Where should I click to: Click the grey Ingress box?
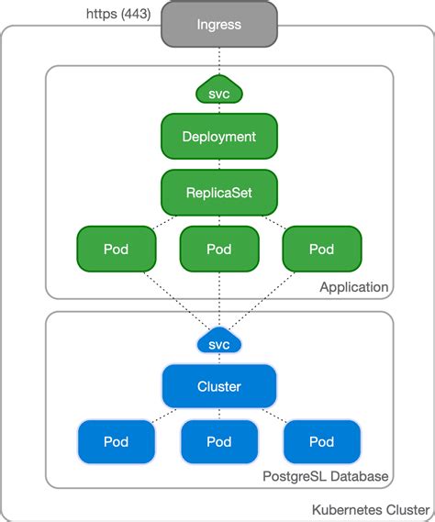218,25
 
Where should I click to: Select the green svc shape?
218,92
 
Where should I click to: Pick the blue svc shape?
218,343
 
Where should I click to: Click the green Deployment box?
218,137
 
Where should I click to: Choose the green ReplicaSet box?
218,193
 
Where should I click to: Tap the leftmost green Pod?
116,249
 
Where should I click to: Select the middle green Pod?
218,249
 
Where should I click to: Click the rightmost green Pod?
321,249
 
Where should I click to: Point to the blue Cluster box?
218,386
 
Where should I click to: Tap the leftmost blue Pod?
116,441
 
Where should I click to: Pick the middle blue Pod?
218,441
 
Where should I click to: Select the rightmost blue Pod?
321,441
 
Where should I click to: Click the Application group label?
353,287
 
